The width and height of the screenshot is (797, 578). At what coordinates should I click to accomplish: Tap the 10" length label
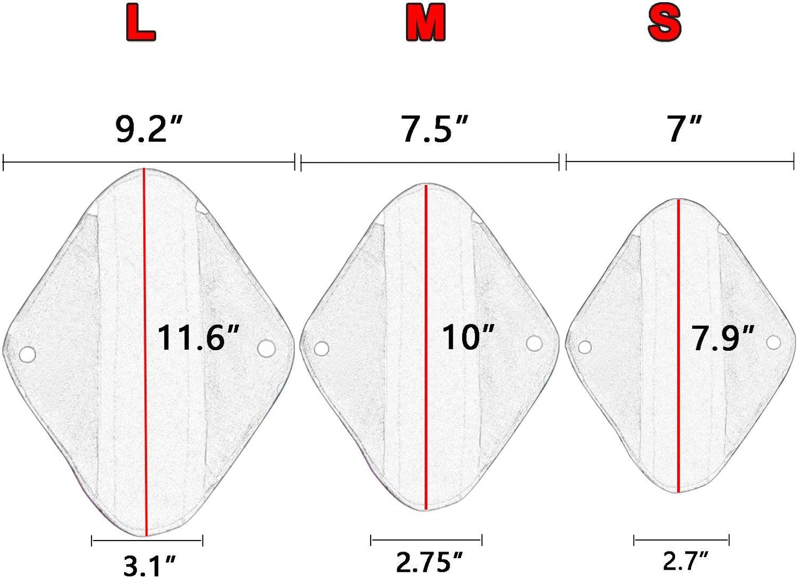tap(468, 338)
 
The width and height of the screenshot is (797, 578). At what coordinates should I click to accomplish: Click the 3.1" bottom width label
tap(149, 566)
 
